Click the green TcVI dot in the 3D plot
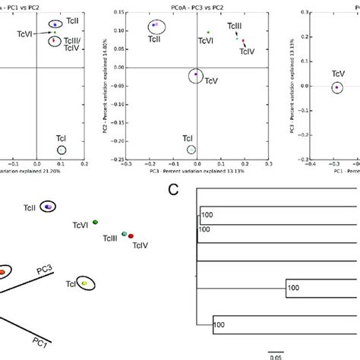[x=95, y=222]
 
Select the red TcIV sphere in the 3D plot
[x=131, y=236]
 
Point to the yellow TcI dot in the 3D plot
[x=85, y=283]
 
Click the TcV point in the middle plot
[x=196, y=74]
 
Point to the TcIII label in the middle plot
[x=235, y=27]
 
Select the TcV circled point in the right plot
[x=337, y=87]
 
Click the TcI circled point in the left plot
[x=62, y=150]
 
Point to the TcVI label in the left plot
[x=27, y=34]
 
